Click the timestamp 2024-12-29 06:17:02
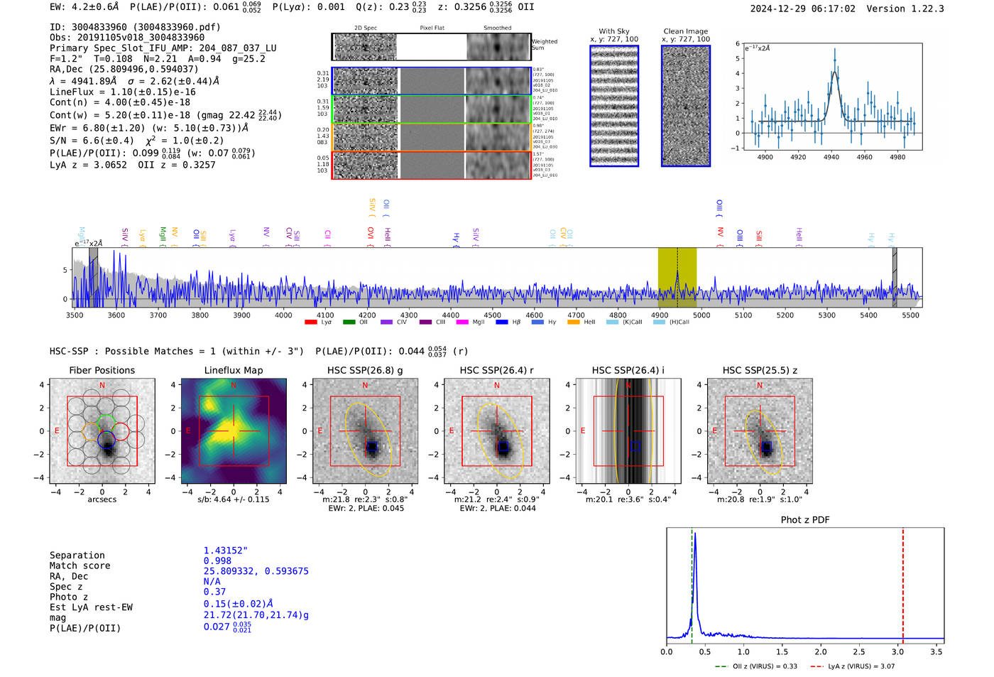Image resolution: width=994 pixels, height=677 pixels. click(802, 9)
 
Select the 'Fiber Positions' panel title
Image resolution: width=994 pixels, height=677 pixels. click(102, 370)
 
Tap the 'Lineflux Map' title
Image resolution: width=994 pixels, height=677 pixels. click(233, 370)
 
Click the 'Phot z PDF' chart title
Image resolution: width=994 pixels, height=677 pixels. click(804, 520)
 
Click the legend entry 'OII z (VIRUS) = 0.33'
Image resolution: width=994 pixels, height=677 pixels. click(757, 666)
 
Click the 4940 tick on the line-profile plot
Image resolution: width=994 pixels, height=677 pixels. click(831, 157)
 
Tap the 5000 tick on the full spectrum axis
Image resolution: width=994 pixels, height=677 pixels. click(701, 315)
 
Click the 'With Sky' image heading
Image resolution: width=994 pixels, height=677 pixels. click(613, 31)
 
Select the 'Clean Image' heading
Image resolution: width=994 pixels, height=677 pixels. click(685, 31)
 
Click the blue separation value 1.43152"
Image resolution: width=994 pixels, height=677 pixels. click(225, 551)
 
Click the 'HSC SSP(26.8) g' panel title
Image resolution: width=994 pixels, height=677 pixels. click(364, 370)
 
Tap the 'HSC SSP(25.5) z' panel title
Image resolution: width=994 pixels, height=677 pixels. click(760, 370)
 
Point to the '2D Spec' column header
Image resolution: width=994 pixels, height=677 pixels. click(365, 28)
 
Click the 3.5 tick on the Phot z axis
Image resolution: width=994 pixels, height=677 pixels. click(936, 651)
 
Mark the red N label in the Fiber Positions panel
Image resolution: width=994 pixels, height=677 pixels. click(102, 385)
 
